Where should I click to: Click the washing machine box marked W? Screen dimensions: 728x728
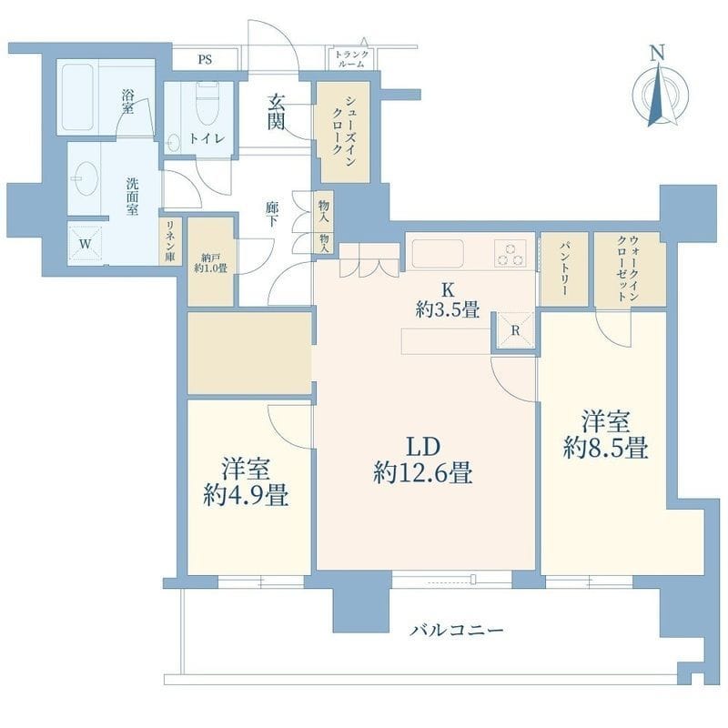click(x=85, y=244)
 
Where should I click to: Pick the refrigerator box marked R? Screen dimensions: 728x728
click(x=515, y=329)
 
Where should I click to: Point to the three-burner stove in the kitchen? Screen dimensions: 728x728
click(x=510, y=253)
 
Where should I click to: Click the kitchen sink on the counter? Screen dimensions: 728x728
click(x=438, y=254)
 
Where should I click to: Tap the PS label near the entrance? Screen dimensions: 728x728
click(x=206, y=59)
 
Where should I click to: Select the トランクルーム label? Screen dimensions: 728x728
click(x=351, y=59)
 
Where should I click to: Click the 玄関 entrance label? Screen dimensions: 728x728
click(x=276, y=112)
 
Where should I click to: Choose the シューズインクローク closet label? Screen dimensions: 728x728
click(x=343, y=132)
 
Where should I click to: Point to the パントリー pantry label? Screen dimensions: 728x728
click(x=564, y=268)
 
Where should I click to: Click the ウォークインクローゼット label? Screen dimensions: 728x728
click(x=629, y=268)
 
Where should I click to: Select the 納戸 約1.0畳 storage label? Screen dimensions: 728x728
click(x=211, y=263)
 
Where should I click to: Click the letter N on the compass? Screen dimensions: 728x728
click(x=656, y=53)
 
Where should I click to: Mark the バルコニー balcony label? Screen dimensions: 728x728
click(x=457, y=630)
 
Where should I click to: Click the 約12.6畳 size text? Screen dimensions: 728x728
click(x=423, y=473)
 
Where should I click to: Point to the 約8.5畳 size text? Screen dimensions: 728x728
click(x=606, y=449)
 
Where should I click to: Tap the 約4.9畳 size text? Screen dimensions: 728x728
click(x=246, y=495)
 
